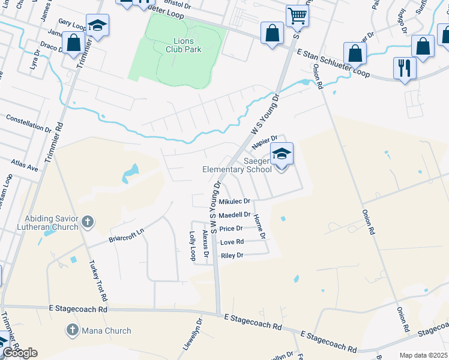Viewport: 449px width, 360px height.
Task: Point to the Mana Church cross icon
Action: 72,330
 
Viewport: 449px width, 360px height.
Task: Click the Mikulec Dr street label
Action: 234,202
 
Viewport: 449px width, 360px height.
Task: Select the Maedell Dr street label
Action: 235,215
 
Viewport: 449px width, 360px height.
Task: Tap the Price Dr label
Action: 231,229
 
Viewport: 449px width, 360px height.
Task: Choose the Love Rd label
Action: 232,242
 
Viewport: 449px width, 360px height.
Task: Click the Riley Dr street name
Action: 232,256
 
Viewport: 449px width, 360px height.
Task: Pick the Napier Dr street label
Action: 263,142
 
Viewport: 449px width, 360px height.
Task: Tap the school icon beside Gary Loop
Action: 97,25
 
